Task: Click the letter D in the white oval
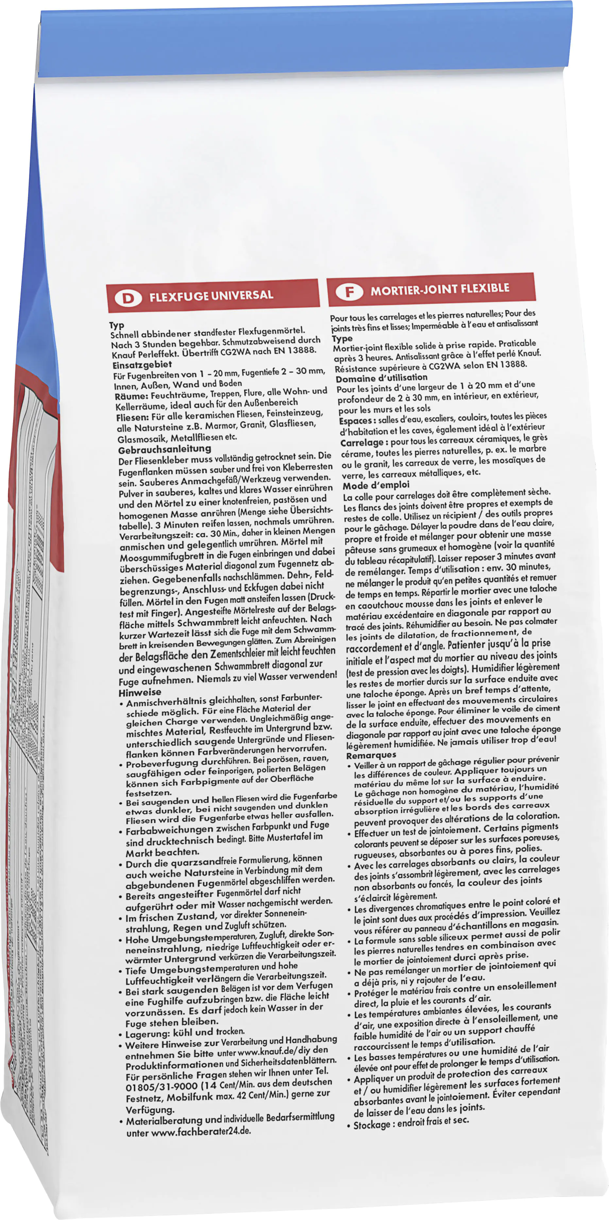(128, 298)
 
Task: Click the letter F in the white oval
(349, 292)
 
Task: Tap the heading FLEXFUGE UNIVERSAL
(211, 295)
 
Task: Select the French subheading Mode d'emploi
(376, 485)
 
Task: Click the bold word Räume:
(132, 396)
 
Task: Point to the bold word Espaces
(355, 421)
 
